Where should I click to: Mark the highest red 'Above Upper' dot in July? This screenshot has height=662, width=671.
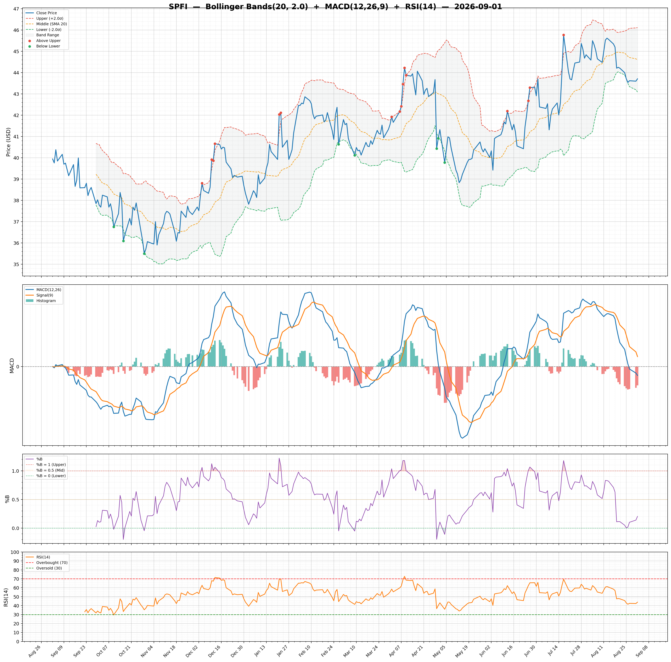coord(563,35)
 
